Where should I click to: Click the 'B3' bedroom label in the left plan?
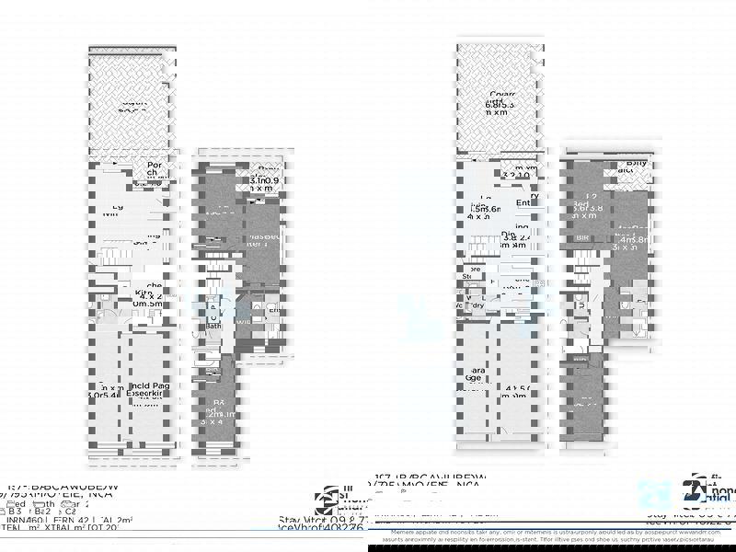point(218,404)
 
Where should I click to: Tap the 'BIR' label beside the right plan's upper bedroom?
point(582,238)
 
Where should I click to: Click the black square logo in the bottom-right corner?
point(693,491)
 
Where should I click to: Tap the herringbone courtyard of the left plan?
point(130,101)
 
